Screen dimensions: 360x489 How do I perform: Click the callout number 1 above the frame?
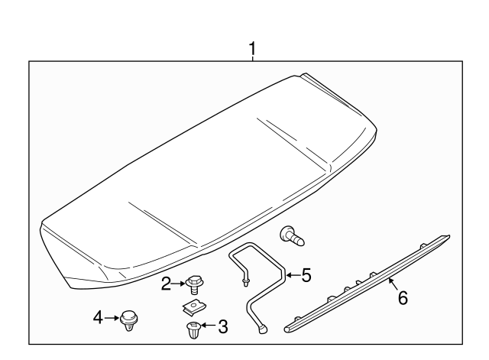click(x=251, y=49)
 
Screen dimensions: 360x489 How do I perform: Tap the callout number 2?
click(x=166, y=284)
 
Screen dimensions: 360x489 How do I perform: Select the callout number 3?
click(x=222, y=328)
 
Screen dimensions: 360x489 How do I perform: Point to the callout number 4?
click(x=98, y=316)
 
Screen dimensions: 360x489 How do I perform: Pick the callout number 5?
click(x=306, y=274)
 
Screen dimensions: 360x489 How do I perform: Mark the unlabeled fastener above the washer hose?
click(x=292, y=235)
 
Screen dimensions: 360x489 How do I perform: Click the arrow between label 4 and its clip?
click(x=110, y=316)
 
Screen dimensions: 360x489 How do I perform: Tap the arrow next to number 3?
click(x=209, y=328)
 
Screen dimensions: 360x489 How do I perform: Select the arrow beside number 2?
click(x=178, y=284)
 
